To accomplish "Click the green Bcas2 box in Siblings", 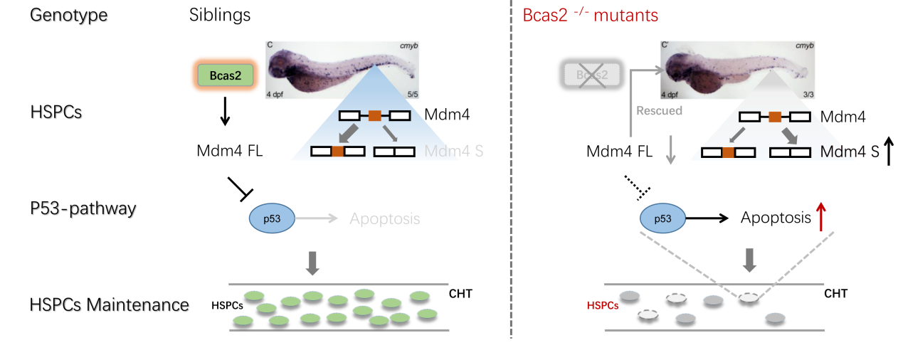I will pyautogui.click(x=224, y=75).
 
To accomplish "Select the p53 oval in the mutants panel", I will pyautogui.click(x=662, y=218).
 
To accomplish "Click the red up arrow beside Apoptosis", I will pyautogui.click(x=823, y=218).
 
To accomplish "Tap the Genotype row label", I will pyautogui.click(x=69, y=15).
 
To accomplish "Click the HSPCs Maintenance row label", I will pyautogui.click(x=110, y=305).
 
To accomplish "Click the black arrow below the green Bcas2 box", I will pyautogui.click(x=224, y=112).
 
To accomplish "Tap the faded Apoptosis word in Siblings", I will pyautogui.click(x=385, y=218).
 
